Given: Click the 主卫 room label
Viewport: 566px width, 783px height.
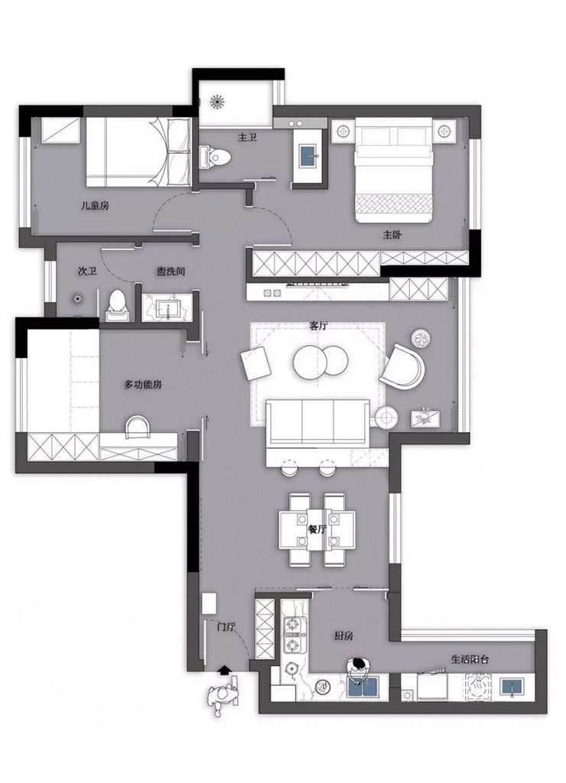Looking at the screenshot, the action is point(247,137).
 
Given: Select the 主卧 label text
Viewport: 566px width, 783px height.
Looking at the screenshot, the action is point(392,234).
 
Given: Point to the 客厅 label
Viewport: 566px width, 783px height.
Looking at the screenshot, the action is point(318,326).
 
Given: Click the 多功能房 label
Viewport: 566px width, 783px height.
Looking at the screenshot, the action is point(142,385).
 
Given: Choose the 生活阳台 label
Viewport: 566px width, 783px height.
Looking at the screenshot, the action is point(470,659).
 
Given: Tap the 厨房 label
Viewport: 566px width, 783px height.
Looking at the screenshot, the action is point(343,635).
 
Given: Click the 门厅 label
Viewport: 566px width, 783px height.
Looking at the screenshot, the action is point(226,627).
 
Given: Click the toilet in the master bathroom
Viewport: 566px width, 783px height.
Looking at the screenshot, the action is point(216,158).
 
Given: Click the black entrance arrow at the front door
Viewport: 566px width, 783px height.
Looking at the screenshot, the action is point(225,669).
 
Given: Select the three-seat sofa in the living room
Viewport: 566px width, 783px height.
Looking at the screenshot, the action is point(317,422).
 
